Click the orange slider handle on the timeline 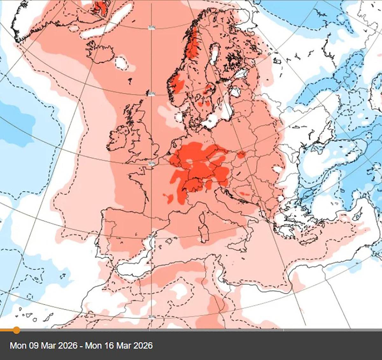(16, 330)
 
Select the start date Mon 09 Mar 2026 (44, 346)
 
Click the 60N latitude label (152, 94)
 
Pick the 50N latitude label (152, 164)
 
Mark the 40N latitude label (152, 236)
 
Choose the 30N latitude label (152, 317)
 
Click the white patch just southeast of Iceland (121, 63)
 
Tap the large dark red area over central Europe (197, 166)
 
